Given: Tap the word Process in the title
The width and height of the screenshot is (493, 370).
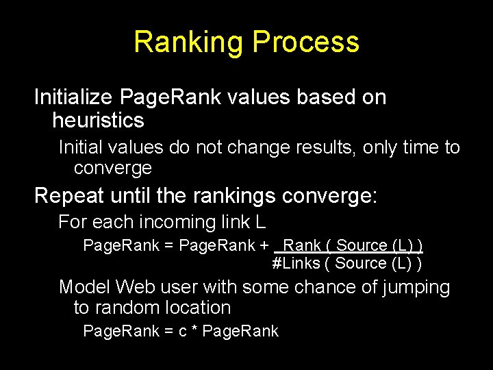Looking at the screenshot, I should tap(306, 42).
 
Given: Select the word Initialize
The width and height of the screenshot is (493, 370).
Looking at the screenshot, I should tap(73, 97).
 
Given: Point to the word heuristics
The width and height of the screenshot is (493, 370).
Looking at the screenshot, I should tap(98, 121).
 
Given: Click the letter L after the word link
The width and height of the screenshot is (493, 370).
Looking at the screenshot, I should tap(260, 222).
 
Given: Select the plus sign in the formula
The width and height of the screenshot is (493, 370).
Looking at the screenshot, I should tap(264, 245).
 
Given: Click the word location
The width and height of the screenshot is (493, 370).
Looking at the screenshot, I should tap(199, 308).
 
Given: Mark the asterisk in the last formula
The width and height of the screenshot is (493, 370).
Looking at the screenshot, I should tap(195, 332).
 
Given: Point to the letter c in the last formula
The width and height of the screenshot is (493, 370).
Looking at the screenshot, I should tap(183, 332).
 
